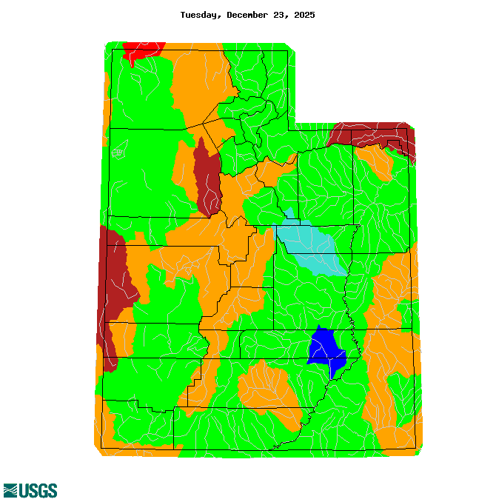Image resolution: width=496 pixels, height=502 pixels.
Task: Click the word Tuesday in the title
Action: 201,15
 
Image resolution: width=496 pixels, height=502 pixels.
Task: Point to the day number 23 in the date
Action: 281,15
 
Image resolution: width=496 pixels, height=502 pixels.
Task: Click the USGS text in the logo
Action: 38,490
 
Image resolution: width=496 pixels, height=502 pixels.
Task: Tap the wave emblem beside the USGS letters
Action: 10,490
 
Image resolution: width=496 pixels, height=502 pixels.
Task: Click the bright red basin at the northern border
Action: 143,50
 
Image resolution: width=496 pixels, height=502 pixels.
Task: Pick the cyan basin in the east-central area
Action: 311,248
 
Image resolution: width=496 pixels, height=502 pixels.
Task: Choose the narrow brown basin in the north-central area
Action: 207,178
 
